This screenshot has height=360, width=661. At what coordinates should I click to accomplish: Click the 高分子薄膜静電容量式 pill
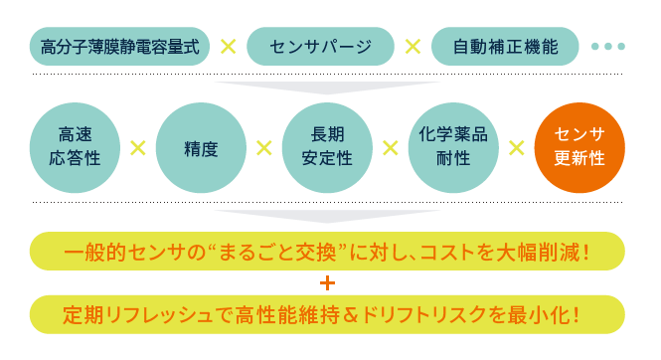pyautogui.click(x=120, y=47)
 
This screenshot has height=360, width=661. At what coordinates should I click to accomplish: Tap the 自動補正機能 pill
pyautogui.click(x=505, y=47)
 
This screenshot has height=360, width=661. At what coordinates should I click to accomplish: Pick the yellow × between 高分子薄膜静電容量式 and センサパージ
pyautogui.click(x=228, y=47)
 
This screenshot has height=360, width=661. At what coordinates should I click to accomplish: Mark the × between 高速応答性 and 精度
pyautogui.click(x=137, y=147)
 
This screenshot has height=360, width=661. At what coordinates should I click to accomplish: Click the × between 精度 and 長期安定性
pyautogui.click(x=263, y=147)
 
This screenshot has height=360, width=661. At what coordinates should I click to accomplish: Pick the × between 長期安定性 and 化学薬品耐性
pyautogui.click(x=390, y=147)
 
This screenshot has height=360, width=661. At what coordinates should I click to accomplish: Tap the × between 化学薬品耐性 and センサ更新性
pyautogui.click(x=516, y=147)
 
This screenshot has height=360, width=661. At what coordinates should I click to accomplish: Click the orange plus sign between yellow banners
pyautogui.click(x=327, y=283)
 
